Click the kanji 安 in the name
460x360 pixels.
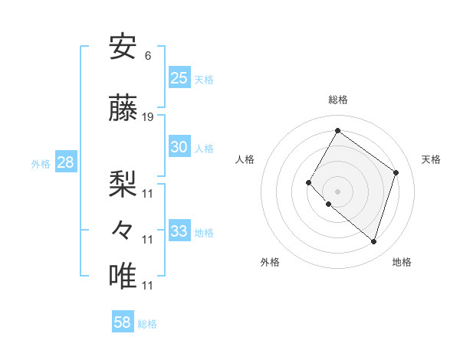[123, 47]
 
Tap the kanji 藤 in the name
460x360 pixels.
[123, 109]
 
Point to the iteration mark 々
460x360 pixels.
[123, 230]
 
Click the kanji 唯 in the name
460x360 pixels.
[123, 276]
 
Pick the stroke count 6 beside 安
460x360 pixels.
[147, 56]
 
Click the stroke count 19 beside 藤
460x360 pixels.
[148, 117]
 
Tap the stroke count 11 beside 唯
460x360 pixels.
[148, 286]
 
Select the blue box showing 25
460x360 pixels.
[179, 77]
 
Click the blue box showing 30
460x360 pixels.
[179, 147]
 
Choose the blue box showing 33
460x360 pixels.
[179, 231]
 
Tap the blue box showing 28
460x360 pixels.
[64, 162]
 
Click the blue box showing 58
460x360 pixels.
[123, 322]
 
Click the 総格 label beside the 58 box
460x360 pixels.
[147, 324]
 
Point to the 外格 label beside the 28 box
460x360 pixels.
[41, 164]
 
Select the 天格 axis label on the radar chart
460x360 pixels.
[431, 159]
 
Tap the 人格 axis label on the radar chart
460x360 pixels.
[245, 159]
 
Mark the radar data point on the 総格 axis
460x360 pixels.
[337, 131]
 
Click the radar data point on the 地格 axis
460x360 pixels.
[373, 242]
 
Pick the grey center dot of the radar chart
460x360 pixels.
[337, 191]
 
